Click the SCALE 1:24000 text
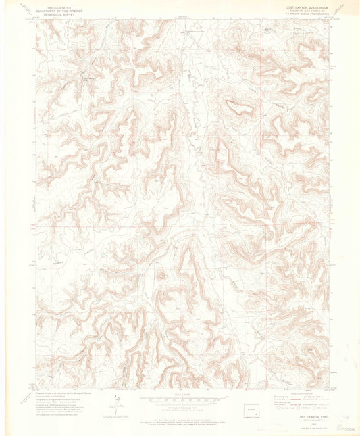coord(181,397)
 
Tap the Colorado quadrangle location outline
coord(251,410)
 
